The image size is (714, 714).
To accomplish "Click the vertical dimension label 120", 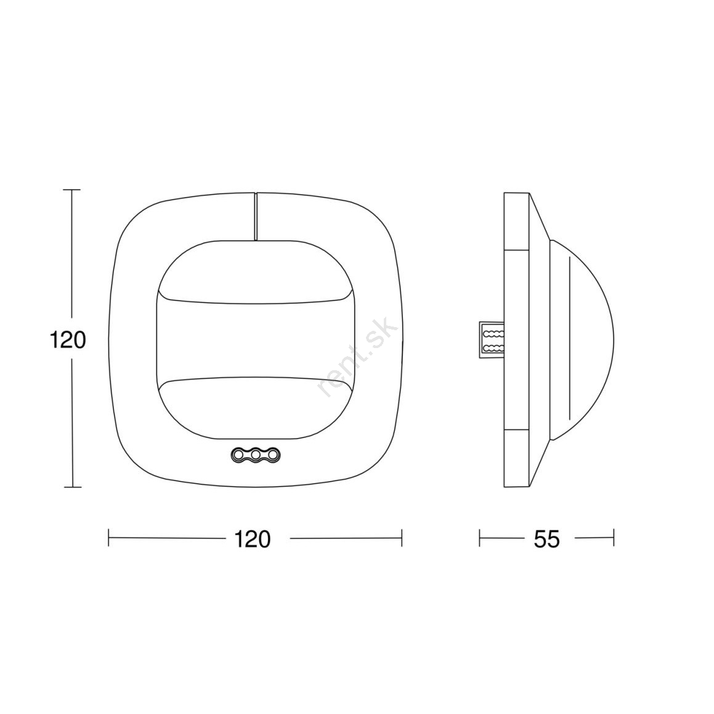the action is point(67,339).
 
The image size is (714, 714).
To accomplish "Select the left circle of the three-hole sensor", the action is point(238,454).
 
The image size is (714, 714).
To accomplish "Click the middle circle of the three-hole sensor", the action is point(256,454).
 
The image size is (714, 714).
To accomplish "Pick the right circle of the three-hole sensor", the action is point(273,454).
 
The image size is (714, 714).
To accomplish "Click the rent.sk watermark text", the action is point(358,357).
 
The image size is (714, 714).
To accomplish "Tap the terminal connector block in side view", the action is point(492,339).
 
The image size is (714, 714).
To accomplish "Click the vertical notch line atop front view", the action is point(256,216).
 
